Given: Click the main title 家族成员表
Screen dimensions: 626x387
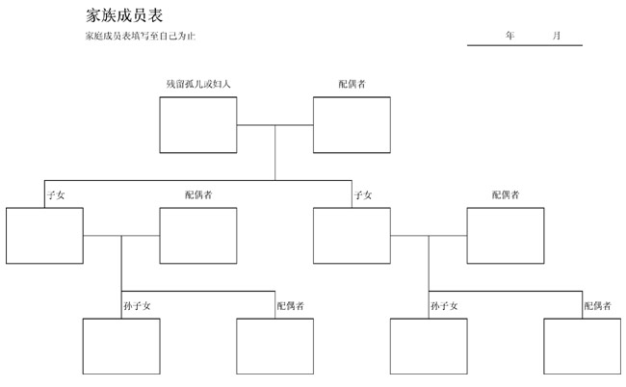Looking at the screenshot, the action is click(x=124, y=15).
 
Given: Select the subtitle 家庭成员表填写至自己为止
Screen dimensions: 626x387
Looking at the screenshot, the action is click(x=141, y=36).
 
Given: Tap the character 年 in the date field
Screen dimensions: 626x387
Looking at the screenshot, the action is click(x=509, y=36).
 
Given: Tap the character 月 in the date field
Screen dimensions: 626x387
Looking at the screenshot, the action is click(x=557, y=36).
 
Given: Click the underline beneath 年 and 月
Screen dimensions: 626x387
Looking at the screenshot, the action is click(x=525, y=45).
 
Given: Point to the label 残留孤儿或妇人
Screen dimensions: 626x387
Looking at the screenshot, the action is click(x=198, y=84).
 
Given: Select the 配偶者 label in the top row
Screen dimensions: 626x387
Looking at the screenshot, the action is click(x=352, y=84).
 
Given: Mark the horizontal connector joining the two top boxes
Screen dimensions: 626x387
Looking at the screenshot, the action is click(x=275, y=125).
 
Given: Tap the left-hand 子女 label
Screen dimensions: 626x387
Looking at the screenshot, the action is click(x=56, y=195).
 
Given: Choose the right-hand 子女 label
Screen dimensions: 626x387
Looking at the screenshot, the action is click(x=363, y=195).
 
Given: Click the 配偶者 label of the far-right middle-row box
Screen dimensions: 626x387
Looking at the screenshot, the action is click(x=506, y=194).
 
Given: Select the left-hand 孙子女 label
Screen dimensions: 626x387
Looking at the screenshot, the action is click(x=137, y=306).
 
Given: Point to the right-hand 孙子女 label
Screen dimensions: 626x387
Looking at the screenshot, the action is click(x=444, y=306).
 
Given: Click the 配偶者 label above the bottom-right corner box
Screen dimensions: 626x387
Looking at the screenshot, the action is click(x=598, y=306).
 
